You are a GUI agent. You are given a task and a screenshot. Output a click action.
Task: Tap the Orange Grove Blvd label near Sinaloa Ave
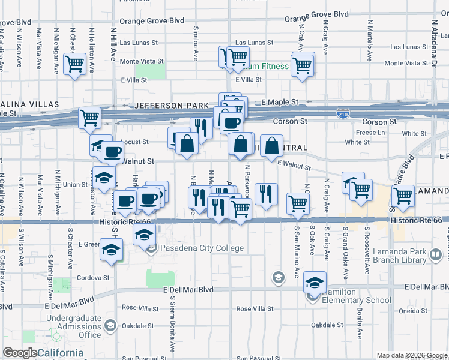pos(151,20)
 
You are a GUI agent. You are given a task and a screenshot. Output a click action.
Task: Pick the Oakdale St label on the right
pos(327,325)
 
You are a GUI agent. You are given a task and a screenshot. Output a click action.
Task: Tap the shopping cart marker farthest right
pos(403,195)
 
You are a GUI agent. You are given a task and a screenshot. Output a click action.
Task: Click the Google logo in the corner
pos(20,353)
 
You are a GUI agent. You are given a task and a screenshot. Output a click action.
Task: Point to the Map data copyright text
pos(412,355)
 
